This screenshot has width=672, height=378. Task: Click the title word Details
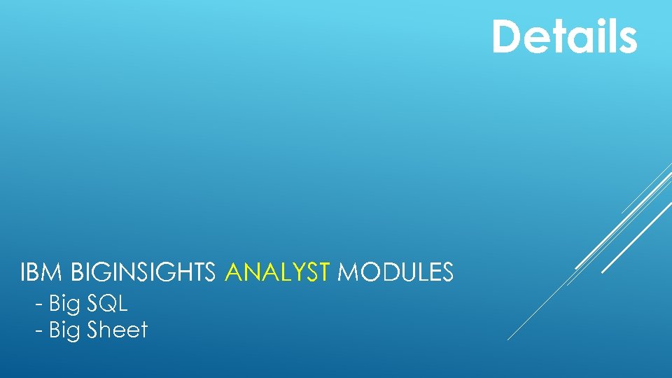pos(564,36)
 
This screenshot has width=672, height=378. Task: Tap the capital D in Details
pos(507,36)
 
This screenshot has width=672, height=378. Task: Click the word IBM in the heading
pos(43,272)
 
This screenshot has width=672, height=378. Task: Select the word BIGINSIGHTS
pos(143,272)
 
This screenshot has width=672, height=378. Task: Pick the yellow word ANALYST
pos(277,272)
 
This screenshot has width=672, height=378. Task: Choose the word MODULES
pos(395,272)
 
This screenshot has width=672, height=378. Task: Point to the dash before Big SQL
pos(39,305)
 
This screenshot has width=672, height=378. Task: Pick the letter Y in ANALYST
pos(302,272)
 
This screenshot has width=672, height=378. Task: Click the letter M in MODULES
pos(347,272)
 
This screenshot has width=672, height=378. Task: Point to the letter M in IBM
pos(56,272)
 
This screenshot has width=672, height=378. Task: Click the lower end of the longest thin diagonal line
pos(508,339)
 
